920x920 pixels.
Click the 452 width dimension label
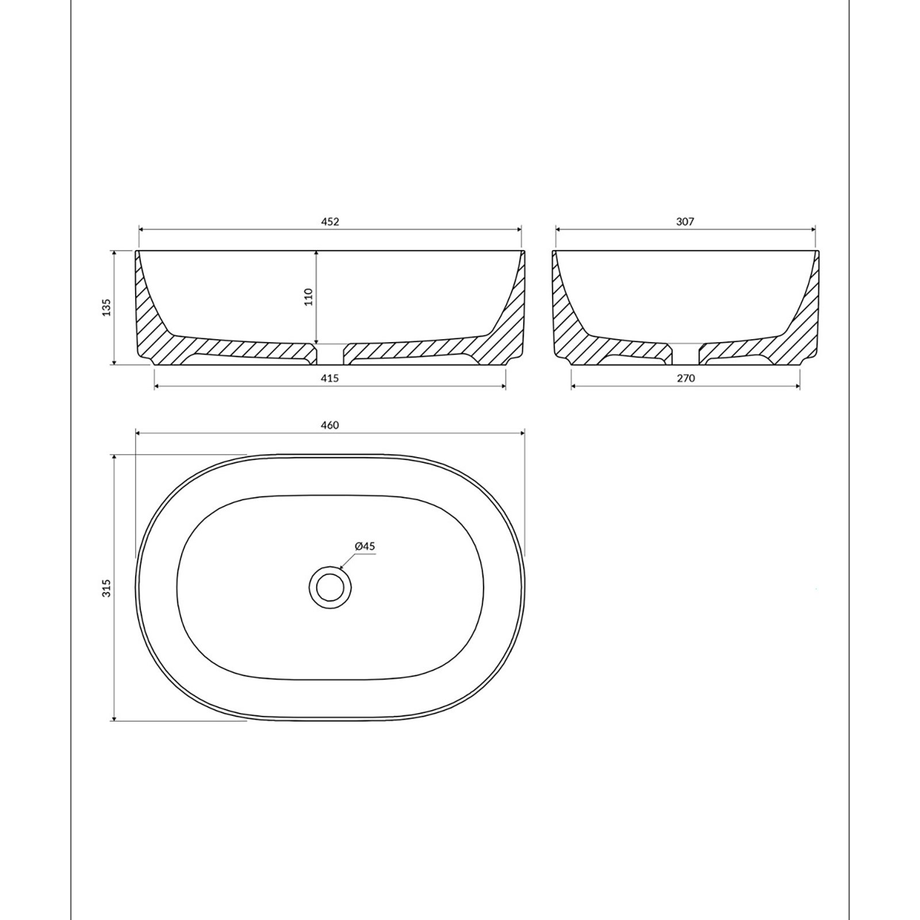click(x=330, y=222)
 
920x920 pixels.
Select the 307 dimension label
click(x=685, y=222)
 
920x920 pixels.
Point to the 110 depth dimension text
click(x=308, y=297)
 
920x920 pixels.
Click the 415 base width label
click(x=330, y=378)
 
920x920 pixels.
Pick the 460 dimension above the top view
click(x=330, y=425)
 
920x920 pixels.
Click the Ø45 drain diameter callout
click(x=365, y=546)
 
